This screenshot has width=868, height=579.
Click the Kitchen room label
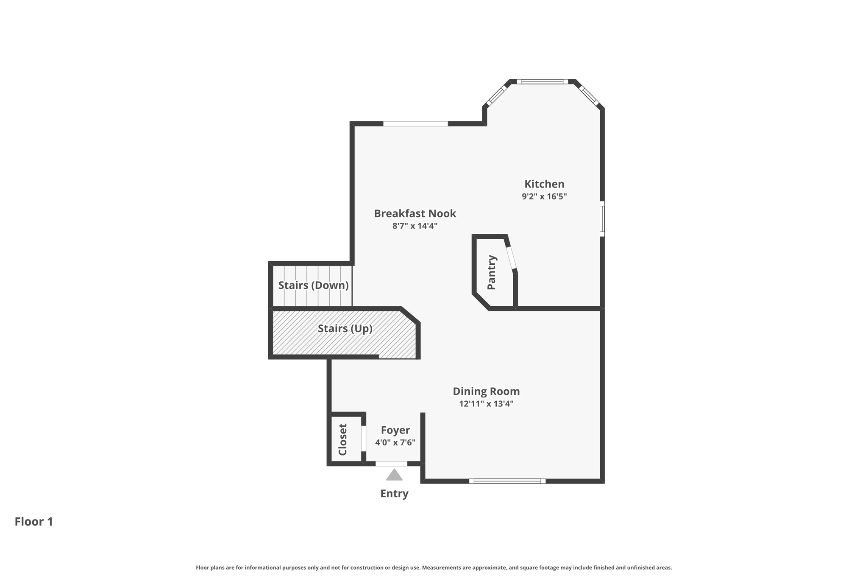pos(544,184)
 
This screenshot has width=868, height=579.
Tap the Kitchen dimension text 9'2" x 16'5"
pos(544,196)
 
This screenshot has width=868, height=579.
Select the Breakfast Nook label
pos(415,213)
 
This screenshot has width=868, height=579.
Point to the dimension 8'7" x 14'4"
pos(415,226)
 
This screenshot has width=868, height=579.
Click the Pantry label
pos(492,272)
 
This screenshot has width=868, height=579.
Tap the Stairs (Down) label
pos(313,285)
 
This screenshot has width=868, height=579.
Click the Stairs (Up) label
pos(345,328)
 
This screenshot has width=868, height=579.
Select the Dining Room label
pos(486,391)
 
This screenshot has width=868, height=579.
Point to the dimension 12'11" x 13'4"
pos(486,403)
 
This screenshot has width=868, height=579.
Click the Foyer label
pos(395,430)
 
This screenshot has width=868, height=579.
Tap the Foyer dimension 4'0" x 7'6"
pos(395,442)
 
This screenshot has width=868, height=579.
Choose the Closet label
pos(343,439)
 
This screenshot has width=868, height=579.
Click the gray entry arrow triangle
pos(394,476)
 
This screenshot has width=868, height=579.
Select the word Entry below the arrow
pos(394,493)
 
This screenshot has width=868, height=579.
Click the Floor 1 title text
pos(34,521)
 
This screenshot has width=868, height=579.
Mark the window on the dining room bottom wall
pos(507,481)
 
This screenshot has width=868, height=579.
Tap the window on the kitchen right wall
pos(602,219)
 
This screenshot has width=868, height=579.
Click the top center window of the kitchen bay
pos(542,81)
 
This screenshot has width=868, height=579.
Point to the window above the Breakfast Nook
pos(415,124)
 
